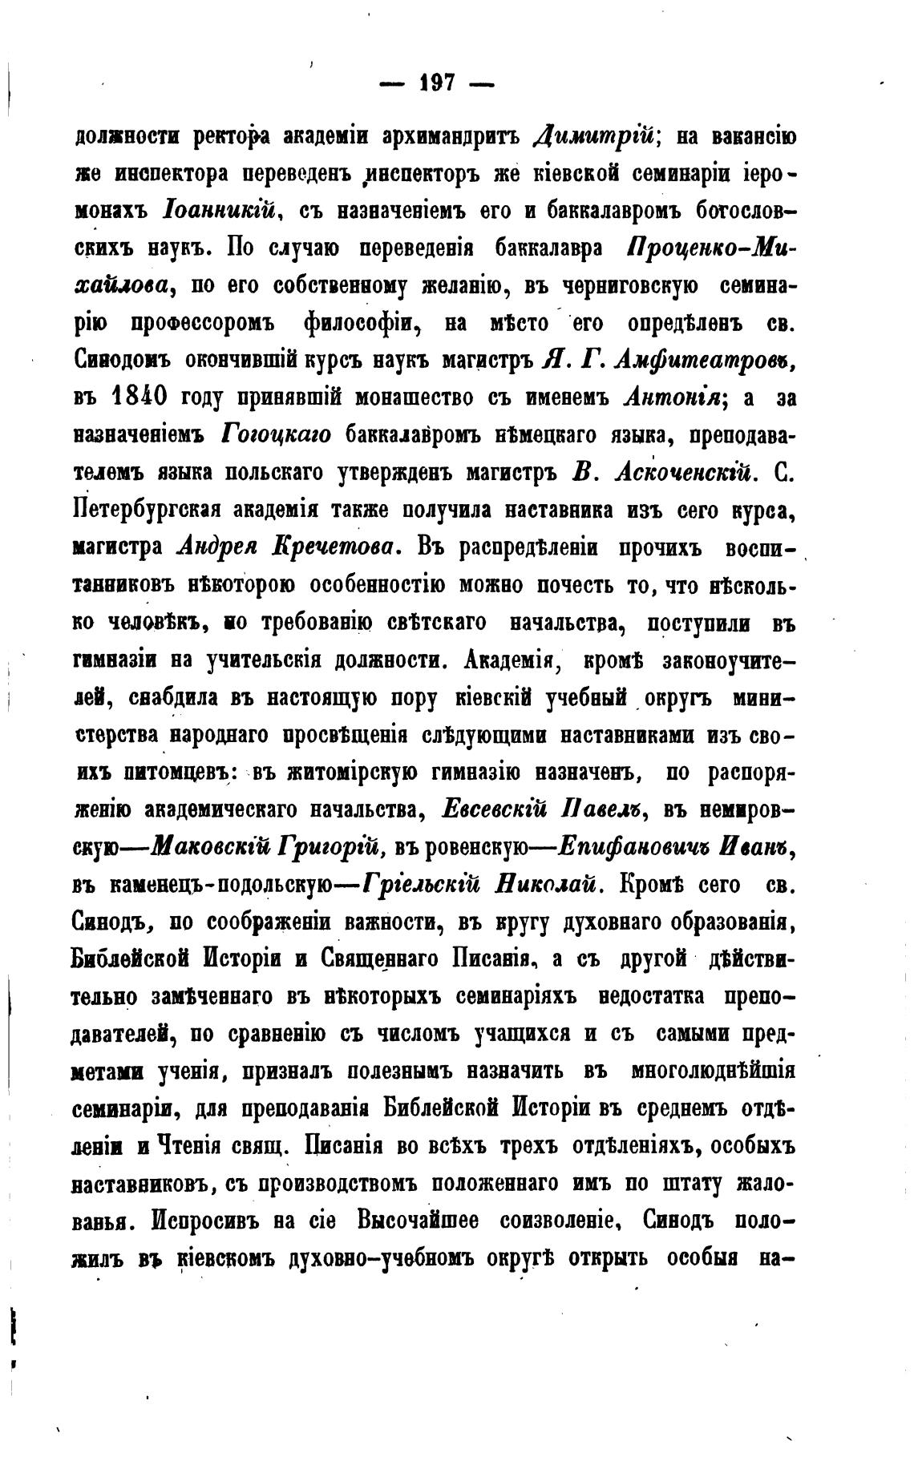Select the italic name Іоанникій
coord(220,212)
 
